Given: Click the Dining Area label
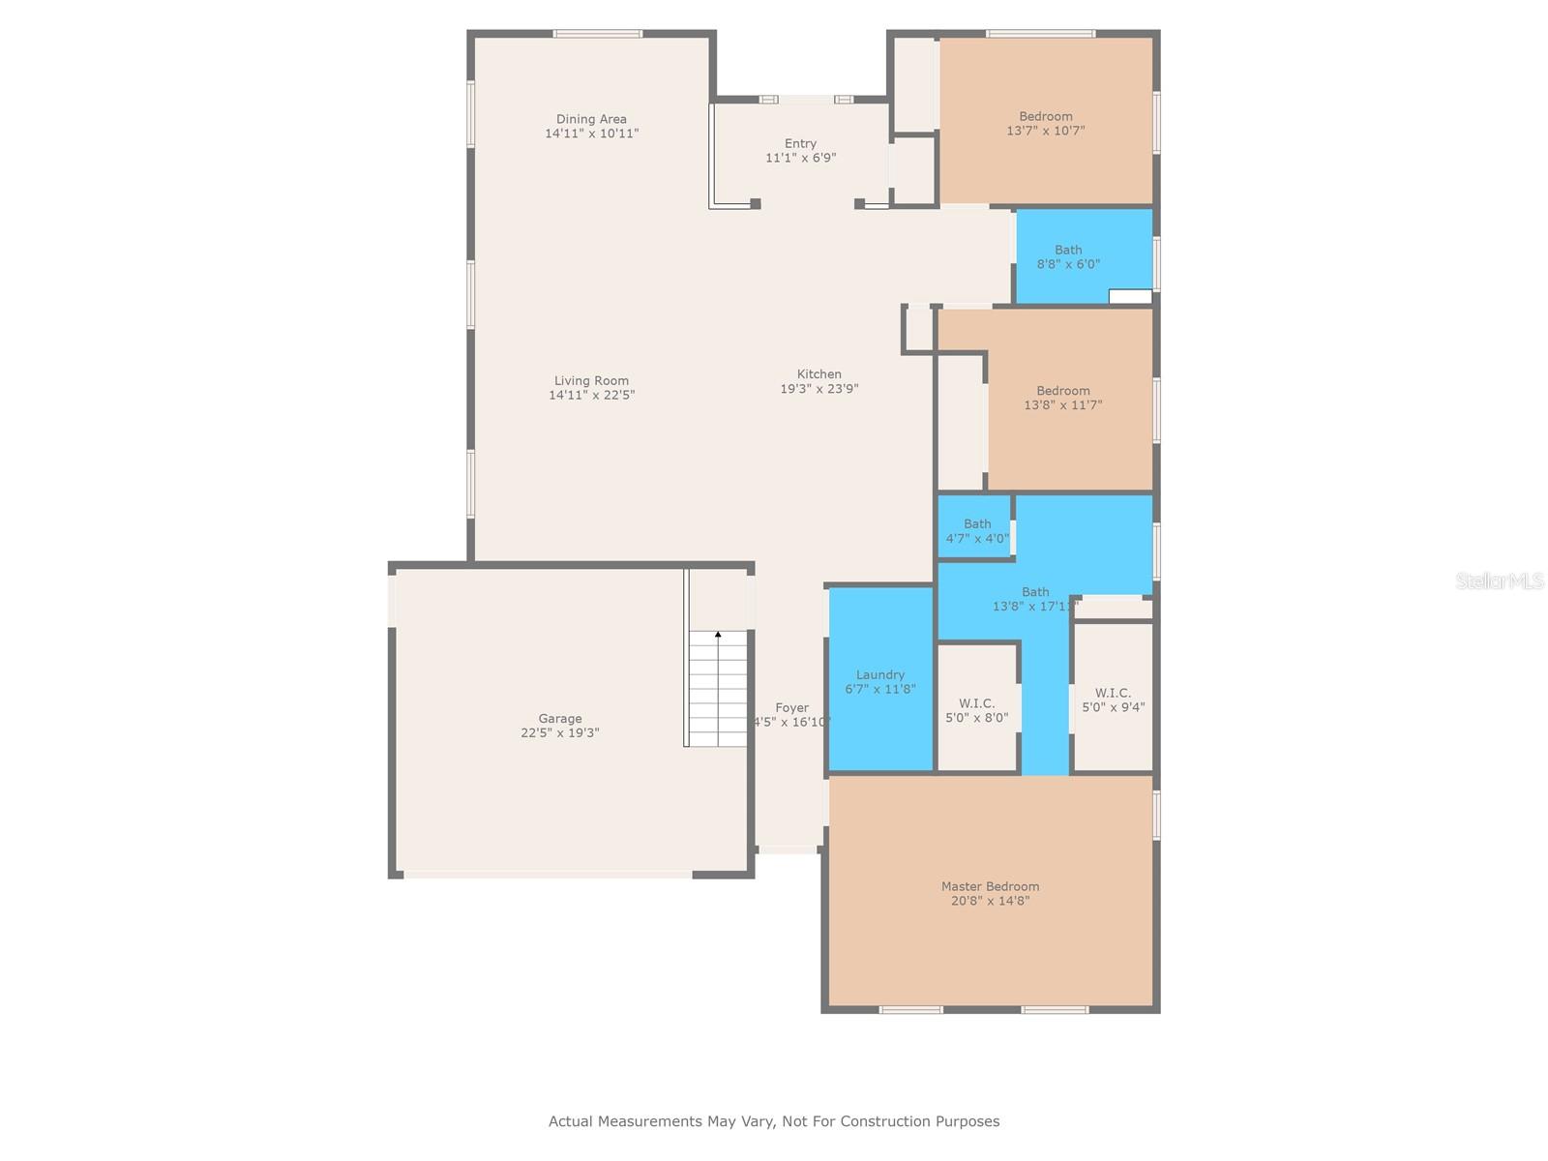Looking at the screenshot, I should pyautogui.click(x=591, y=120).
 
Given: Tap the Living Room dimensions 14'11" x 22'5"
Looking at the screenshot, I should pyautogui.click(x=591, y=395).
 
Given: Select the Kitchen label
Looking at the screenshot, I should pyautogui.click(x=819, y=374).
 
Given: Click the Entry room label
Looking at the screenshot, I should pyautogui.click(x=800, y=144).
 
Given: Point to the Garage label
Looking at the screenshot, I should pyautogui.click(x=560, y=719).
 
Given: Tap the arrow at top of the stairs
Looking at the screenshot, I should pyautogui.click(x=718, y=635).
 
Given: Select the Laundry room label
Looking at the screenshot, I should pyautogui.click(x=880, y=675).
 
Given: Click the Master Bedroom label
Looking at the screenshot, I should pyautogui.click(x=990, y=886).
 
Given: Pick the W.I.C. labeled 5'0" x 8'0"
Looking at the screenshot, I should pyautogui.click(x=976, y=710).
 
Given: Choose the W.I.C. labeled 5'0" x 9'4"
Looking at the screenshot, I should pyautogui.click(x=1113, y=700).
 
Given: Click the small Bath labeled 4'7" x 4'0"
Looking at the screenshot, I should pyautogui.click(x=977, y=531).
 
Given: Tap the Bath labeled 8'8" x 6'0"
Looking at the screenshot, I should pyautogui.click(x=1068, y=256).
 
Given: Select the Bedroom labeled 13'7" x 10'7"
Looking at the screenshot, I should pyautogui.click(x=1045, y=123).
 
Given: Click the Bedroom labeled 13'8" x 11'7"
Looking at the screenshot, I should pyautogui.click(x=1062, y=398).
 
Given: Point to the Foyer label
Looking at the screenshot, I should pyautogui.click(x=791, y=708).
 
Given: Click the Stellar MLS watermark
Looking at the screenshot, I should pyautogui.click(x=1500, y=581).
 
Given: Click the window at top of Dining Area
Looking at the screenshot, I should pyautogui.click(x=597, y=34).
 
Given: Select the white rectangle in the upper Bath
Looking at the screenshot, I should pyautogui.click(x=1129, y=297).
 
